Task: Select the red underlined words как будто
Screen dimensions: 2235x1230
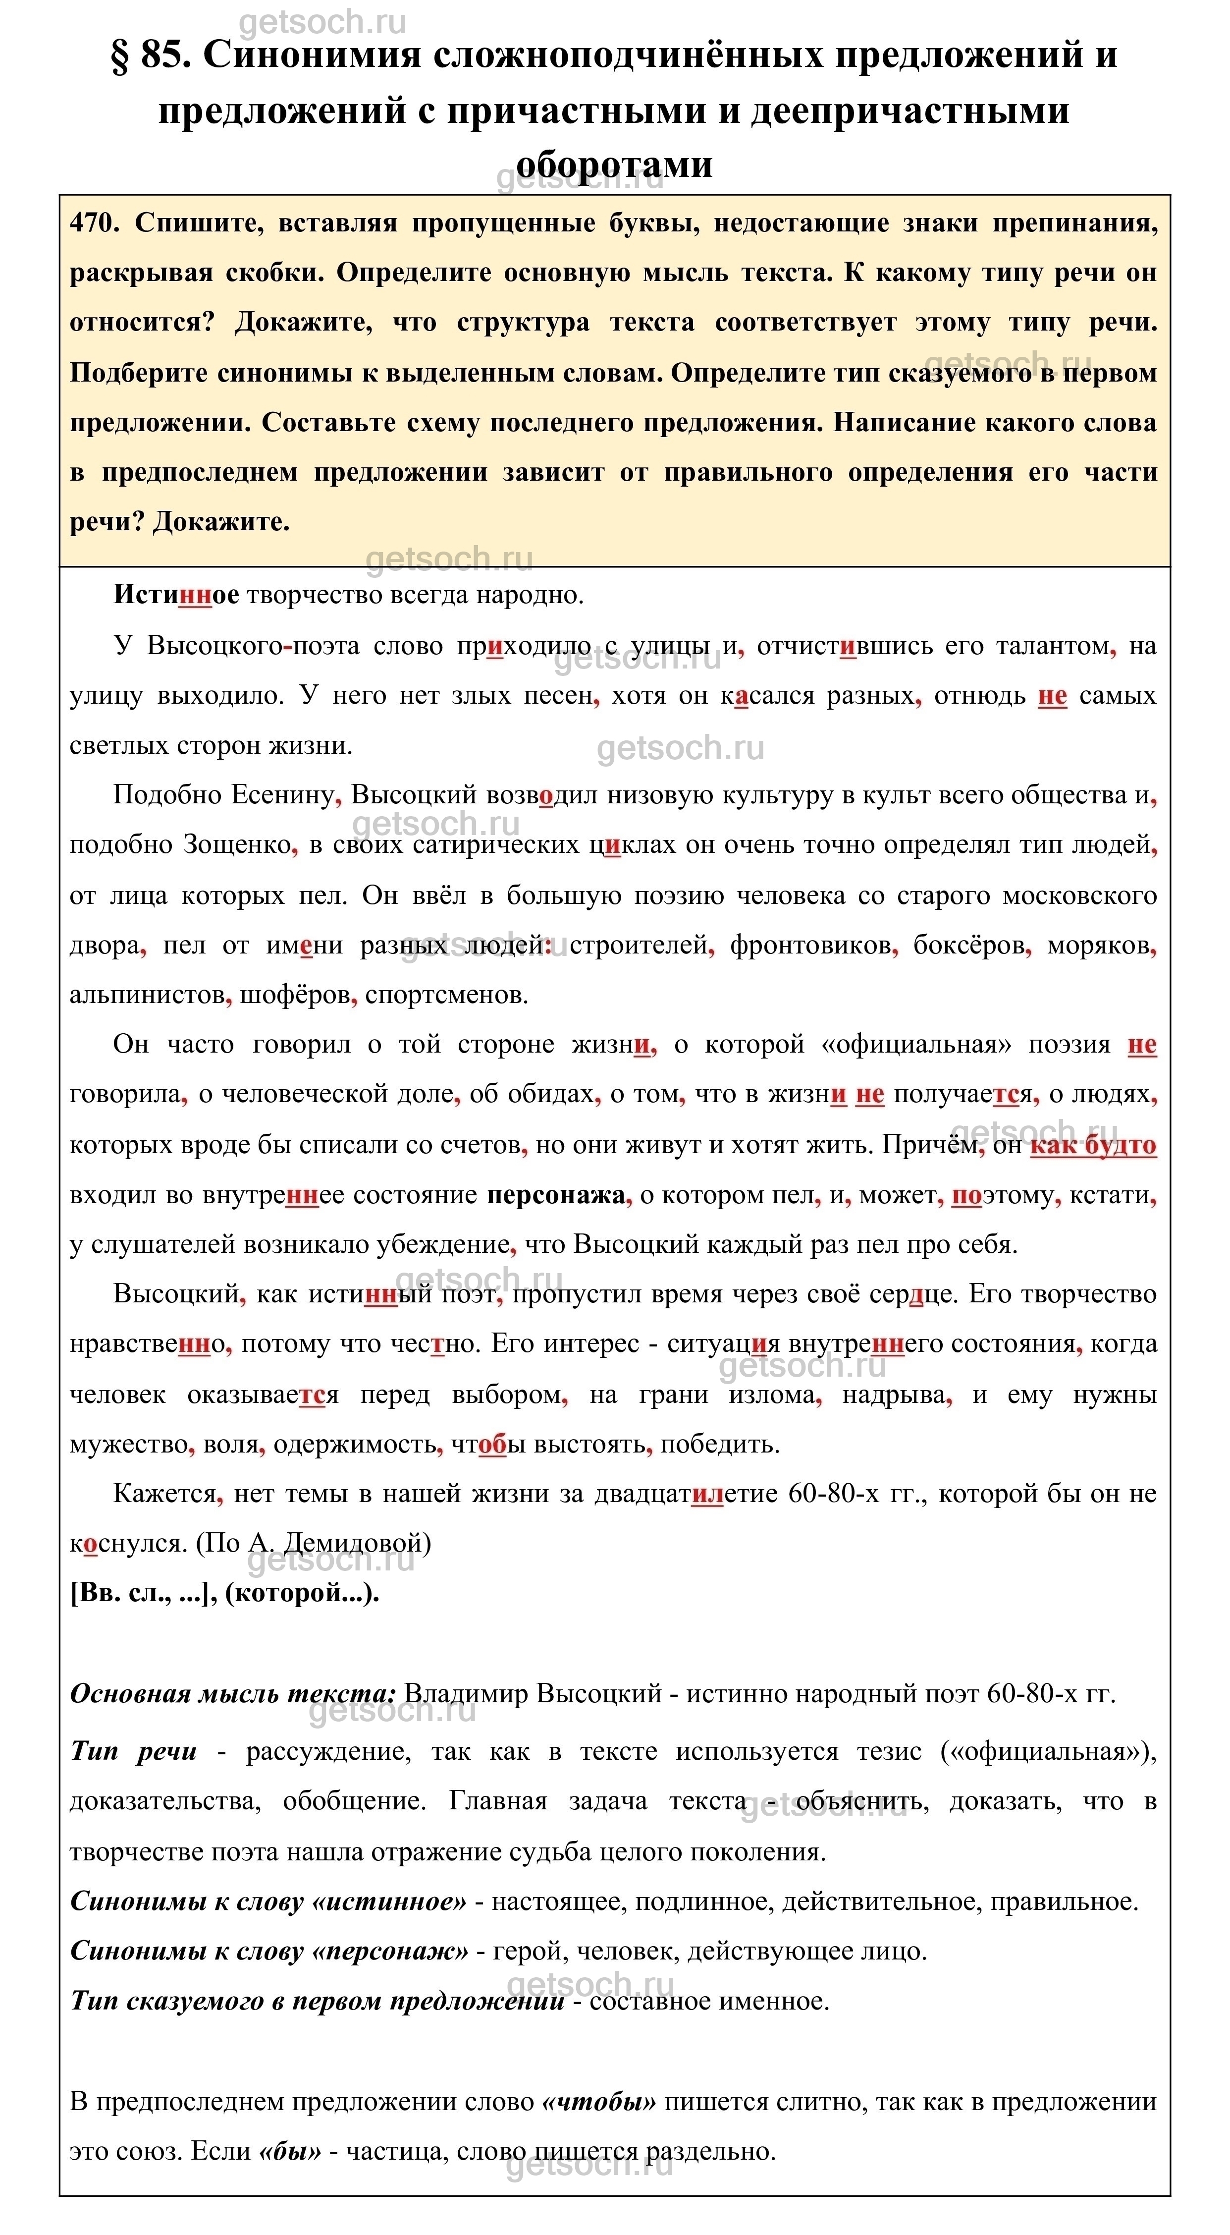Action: [1092, 1145]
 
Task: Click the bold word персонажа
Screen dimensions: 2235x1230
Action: [555, 1195]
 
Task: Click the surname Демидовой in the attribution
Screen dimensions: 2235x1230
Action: [356, 1544]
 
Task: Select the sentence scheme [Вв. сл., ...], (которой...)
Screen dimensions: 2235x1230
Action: [224, 1593]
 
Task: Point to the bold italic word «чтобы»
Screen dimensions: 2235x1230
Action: [598, 2102]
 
